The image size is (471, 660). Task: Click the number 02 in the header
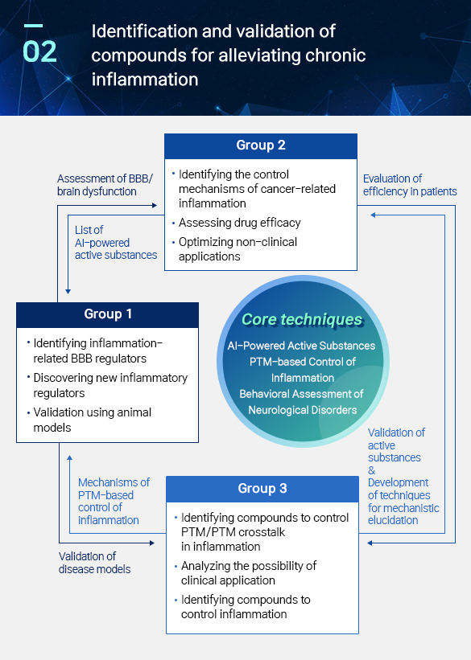(39, 51)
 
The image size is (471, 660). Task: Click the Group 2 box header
(261, 146)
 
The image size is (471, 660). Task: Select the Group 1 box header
(108, 315)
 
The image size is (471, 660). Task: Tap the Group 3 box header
(262, 489)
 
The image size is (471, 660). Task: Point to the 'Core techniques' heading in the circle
(302, 319)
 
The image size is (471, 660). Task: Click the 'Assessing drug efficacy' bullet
(239, 223)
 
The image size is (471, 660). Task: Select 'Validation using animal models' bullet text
(93, 420)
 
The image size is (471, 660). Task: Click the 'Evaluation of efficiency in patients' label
(410, 185)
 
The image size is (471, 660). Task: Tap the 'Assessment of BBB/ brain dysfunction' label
(105, 185)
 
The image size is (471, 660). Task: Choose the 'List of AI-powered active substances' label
(116, 243)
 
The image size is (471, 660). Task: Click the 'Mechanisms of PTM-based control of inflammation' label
(114, 501)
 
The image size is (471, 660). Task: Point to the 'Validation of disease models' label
(94, 563)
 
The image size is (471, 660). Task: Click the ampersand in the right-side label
(371, 470)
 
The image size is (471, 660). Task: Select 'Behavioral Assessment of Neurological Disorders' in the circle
(302, 402)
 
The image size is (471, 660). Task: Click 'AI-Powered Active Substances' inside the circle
(301, 346)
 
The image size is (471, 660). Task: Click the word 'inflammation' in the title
(145, 80)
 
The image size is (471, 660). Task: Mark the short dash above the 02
(33, 26)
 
